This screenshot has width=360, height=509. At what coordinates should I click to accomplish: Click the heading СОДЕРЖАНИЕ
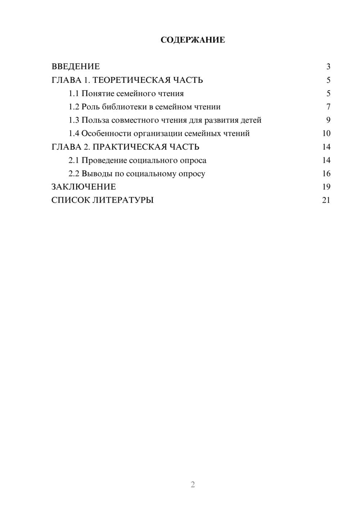click(193, 40)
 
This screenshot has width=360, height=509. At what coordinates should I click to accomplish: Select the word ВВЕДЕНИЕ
click(76, 67)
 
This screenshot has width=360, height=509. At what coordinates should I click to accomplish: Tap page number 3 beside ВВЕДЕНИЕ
click(328, 67)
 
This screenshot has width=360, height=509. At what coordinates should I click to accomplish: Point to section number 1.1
click(73, 94)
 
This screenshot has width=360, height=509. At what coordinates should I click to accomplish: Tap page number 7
click(328, 107)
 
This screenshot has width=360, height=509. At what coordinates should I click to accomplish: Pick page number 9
click(328, 120)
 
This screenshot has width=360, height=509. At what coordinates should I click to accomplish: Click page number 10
click(326, 134)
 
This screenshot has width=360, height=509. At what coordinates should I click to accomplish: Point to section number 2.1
click(73, 160)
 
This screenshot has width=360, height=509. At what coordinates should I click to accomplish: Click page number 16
click(326, 174)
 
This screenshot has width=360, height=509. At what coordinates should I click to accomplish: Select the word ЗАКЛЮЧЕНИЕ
click(84, 187)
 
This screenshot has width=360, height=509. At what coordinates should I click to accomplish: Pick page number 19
click(326, 187)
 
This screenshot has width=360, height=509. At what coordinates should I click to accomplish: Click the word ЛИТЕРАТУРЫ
click(123, 200)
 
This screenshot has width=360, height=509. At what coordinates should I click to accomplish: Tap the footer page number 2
click(193, 485)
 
